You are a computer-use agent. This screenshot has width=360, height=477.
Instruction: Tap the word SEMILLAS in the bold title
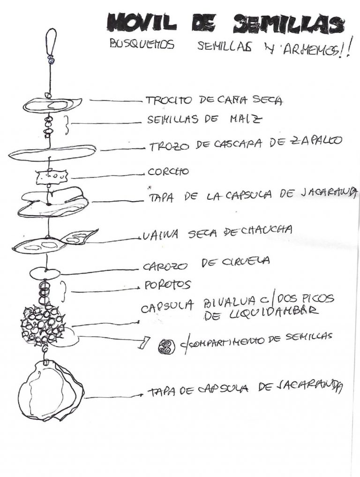pos(287,24)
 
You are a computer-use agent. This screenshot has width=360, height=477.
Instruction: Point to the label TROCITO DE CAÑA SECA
pos(214,100)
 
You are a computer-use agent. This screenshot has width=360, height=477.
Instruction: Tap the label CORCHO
pos(168,172)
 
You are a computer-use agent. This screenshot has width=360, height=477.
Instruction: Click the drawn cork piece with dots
pos(52,177)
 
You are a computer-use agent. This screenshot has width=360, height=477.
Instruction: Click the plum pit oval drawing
pos(45,273)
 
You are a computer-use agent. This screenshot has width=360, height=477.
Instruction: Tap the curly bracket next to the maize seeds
pos(67,125)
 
